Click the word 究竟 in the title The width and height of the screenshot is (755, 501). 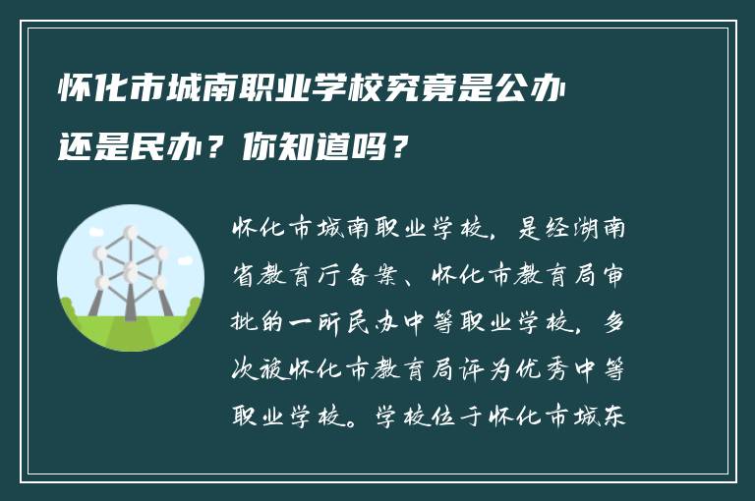pyautogui.click(x=406, y=89)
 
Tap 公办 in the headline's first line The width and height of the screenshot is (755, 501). pyautogui.click(x=534, y=89)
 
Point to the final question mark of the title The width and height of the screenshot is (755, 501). pyautogui.click(x=398, y=149)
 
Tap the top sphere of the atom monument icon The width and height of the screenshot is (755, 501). pyautogui.click(x=130, y=234)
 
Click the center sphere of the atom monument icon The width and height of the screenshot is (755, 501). pyautogui.click(x=130, y=267)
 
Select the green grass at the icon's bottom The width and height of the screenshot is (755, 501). pyautogui.click(x=130, y=334)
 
